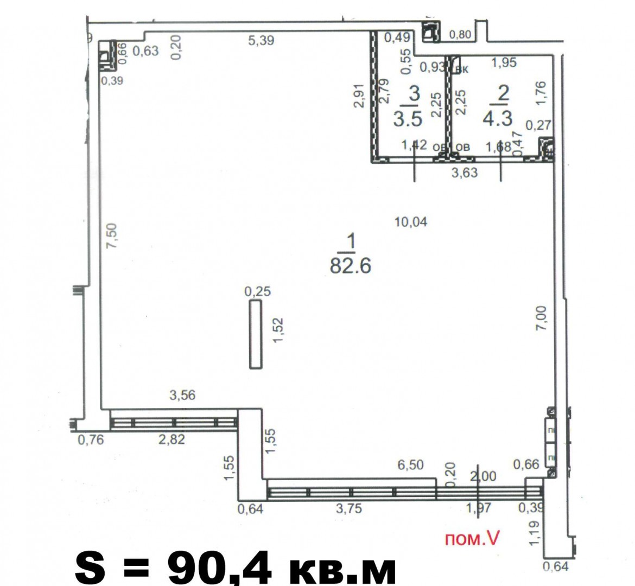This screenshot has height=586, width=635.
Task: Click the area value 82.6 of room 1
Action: pyautogui.click(x=351, y=266)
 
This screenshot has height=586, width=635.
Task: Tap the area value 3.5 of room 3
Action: pyautogui.click(x=408, y=119)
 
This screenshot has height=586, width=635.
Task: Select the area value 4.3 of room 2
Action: pyautogui.click(x=498, y=118)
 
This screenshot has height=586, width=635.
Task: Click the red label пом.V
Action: pyautogui.click(x=472, y=539)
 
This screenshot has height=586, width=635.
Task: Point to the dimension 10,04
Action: pyautogui.click(x=411, y=222)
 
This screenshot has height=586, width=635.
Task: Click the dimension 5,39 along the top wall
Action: pyautogui.click(x=261, y=41)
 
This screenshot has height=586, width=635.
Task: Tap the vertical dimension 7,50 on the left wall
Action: pyautogui.click(x=111, y=235)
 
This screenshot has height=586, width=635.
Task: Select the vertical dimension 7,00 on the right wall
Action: pyautogui.click(x=542, y=318)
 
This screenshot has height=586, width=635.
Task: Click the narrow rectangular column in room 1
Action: pyautogui.click(x=256, y=334)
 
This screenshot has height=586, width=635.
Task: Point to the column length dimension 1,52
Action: pyautogui.click(x=278, y=330)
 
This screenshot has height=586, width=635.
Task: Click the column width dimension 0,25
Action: pyautogui.click(x=258, y=291)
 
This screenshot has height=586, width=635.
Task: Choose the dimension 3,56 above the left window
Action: pyautogui.click(x=182, y=395)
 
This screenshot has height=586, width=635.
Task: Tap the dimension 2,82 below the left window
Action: pyautogui.click(x=172, y=439)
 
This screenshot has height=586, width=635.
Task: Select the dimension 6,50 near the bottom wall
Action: pyautogui.click(x=411, y=465)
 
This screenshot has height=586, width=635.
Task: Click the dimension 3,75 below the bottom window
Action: pyautogui.click(x=348, y=508)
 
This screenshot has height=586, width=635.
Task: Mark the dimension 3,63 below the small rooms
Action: pyautogui.click(x=465, y=173)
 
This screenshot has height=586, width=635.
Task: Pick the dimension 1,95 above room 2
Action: pyautogui.click(x=504, y=62)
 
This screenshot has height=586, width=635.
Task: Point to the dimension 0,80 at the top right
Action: pyautogui.click(x=460, y=35)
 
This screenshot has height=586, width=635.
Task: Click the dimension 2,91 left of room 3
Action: pyautogui.click(x=359, y=95)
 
